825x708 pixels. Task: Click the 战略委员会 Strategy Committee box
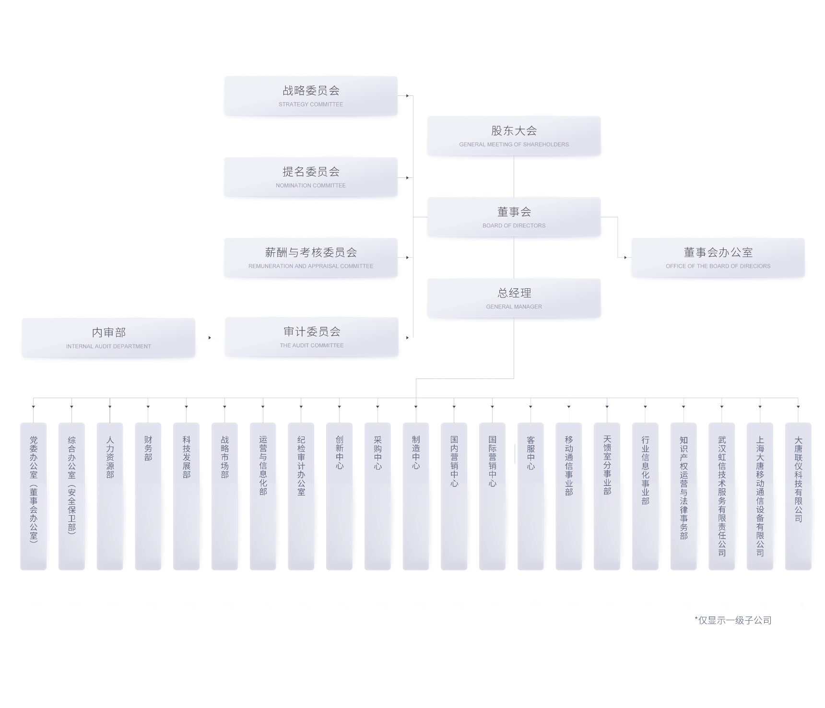point(311,95)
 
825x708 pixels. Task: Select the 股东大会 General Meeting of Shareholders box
point(514,136)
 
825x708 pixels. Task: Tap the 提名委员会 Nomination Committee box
point(311,177)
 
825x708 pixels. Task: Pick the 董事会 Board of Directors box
point(514,217)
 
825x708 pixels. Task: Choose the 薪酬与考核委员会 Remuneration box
point(311,258)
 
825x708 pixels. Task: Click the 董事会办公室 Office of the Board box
point(718,258)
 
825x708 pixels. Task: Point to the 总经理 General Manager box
point(514,298)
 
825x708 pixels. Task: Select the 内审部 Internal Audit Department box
point(109,338)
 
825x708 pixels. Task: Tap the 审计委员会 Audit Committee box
point(312,337)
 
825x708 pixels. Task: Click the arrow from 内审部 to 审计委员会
point(210,338)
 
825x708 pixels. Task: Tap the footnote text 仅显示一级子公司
point(734,620)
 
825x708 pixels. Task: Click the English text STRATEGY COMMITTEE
point(311,104)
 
